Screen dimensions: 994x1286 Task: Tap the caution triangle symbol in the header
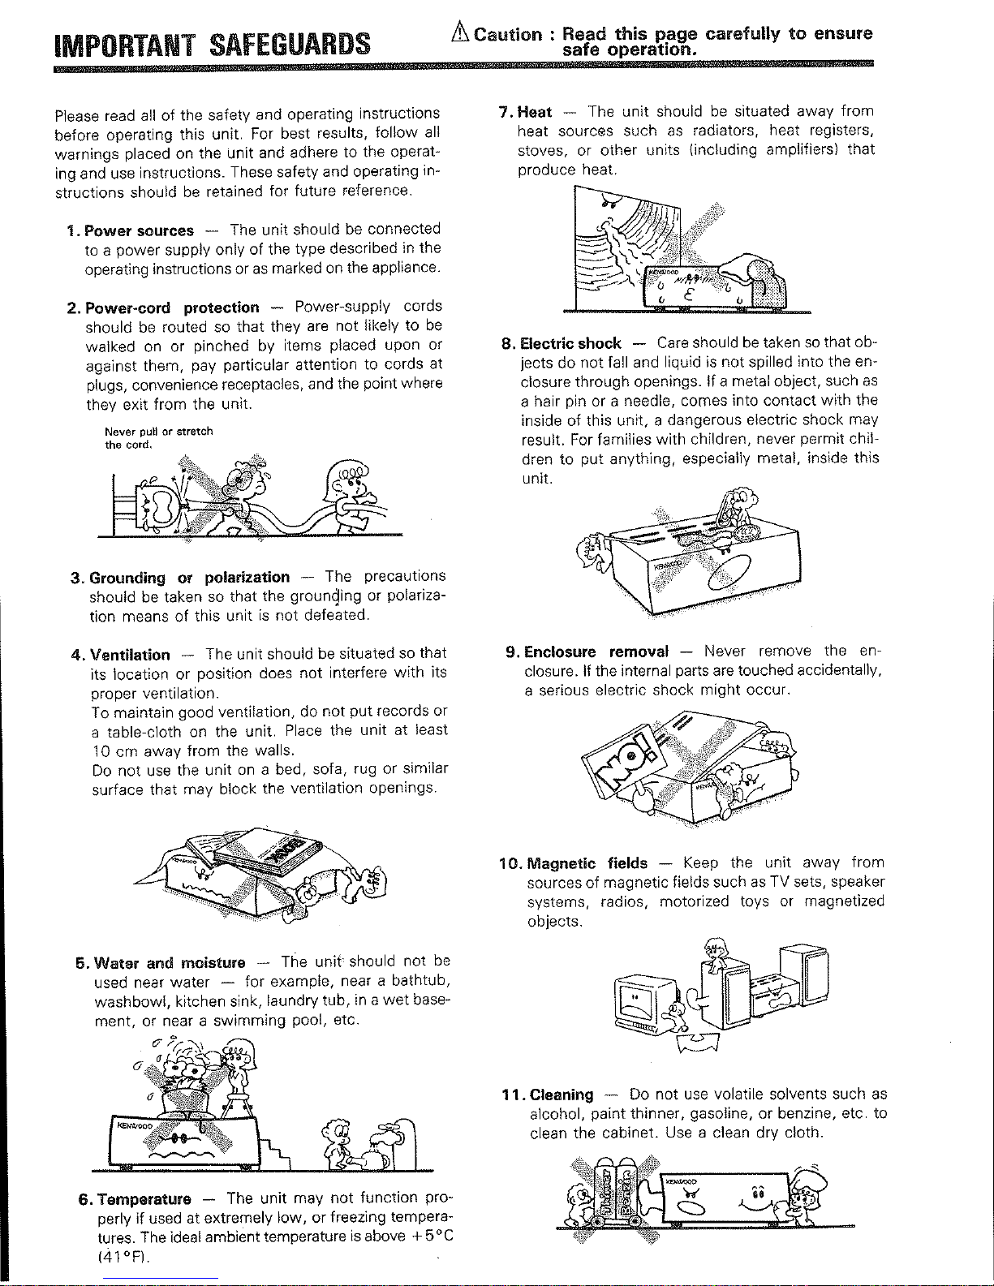coord(460,32)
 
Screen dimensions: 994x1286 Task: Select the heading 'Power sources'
coord(139,230)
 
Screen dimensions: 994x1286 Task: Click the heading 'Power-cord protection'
coord(172,308)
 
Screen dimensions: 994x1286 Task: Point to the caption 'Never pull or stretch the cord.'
coord(158,438)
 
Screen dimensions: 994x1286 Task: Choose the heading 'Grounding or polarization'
coord(189,578)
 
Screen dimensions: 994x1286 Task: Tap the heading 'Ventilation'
coord(130,655)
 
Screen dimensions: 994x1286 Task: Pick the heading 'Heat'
coord(534,113)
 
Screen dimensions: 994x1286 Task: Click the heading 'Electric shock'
coord(570,344)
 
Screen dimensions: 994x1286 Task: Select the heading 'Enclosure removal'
coord(596,652)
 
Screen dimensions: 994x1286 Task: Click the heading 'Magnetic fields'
coord(587,863)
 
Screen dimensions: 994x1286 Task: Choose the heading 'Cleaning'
coord(562,1095)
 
